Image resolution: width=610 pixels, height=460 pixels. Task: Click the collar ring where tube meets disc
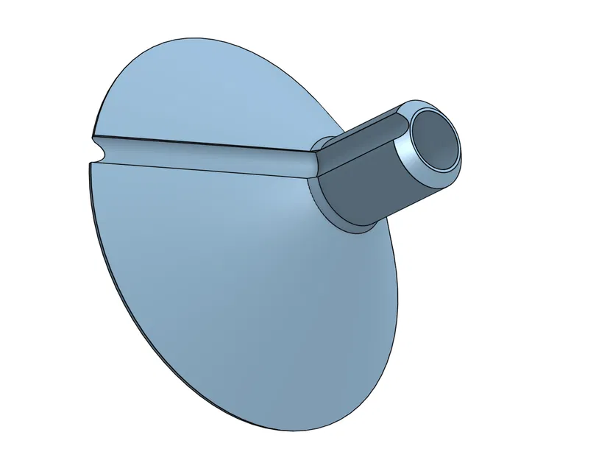327,207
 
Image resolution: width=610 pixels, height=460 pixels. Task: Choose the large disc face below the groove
235,294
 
